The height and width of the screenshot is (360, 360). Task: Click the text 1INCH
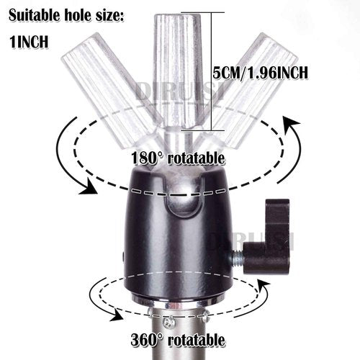tap(29, 42)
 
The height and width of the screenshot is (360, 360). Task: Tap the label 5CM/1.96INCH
tap(260, 72)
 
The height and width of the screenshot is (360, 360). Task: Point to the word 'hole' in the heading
tap(74, 16)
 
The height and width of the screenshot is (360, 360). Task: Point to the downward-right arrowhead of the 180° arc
tap(89, 187)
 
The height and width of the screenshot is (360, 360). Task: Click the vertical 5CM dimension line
tap(212, 71)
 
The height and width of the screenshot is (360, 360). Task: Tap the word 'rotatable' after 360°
tap(197, 340)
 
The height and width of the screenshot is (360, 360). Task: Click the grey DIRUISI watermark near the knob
tap(252, 242)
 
